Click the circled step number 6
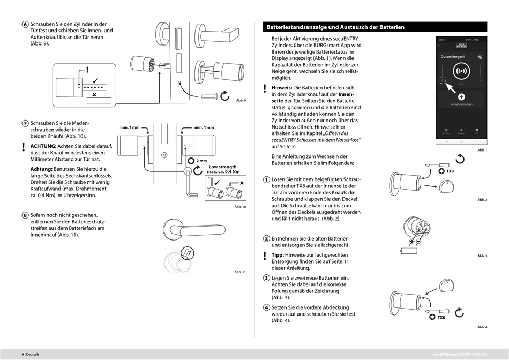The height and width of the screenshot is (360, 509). pos(25,24)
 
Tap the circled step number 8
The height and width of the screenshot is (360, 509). pos(25,215)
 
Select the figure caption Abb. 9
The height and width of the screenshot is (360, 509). pos(241,101)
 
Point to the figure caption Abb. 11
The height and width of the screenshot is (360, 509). pos(239,272)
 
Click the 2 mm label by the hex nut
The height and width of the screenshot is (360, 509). pos(201,160)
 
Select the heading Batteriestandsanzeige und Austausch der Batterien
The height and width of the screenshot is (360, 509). pos(335,27)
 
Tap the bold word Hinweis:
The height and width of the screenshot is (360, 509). pos(281,87)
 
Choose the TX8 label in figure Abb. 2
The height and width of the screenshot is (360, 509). pos(450,171)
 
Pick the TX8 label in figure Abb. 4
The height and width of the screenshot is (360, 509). pos(441,317)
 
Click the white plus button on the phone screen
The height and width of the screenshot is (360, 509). pos(461,96)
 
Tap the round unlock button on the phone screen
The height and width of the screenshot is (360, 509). pos(461,71)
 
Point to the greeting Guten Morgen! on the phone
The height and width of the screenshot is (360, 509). pos(452,56)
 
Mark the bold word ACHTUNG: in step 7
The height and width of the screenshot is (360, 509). pos(43,146)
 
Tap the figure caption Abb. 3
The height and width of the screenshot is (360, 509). pos(482,256)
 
